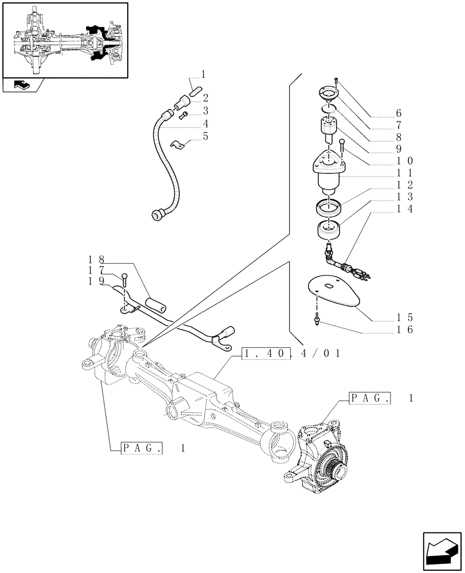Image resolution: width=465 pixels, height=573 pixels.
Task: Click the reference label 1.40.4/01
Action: click(x=292, y=354)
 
